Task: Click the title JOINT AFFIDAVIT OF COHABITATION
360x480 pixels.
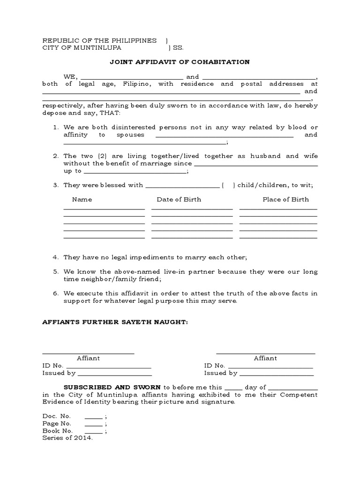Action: (180, 62)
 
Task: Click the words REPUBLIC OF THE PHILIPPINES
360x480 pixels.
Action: (99, 41)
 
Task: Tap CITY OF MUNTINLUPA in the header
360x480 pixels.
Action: (82, 48)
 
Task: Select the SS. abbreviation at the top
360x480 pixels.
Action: (179, 48)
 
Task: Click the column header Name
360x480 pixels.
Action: (82, 199)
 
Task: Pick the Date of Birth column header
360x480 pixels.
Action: (179, 199)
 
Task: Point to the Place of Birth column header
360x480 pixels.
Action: (285, 199)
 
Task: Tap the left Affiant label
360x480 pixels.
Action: (88, 358)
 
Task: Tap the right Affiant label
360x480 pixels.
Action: (265, 358)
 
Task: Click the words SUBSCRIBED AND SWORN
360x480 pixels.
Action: (112, 388)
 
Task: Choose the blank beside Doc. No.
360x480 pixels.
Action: (94, 417)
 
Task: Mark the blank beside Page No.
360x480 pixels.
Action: (94, 424)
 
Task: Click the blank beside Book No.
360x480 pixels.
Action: (94, 431)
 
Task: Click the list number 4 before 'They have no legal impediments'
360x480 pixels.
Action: (55, 257)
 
